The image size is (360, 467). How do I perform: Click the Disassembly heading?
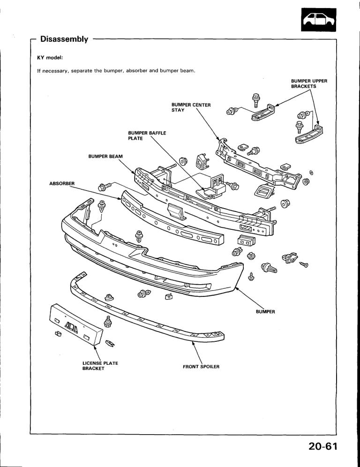tap(64, 39)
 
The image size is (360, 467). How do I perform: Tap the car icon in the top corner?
tap(319, 21)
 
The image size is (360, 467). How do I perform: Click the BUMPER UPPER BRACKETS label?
tap(308, 84)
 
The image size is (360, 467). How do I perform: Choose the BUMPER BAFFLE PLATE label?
tap(147, 136)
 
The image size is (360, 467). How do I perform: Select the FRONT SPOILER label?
tap(201, 366)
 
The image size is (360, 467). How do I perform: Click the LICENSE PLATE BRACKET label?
tap(100, 365)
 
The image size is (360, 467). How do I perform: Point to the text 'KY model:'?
tap(50, 58)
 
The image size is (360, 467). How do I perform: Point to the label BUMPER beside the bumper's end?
tap(265, 311)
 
